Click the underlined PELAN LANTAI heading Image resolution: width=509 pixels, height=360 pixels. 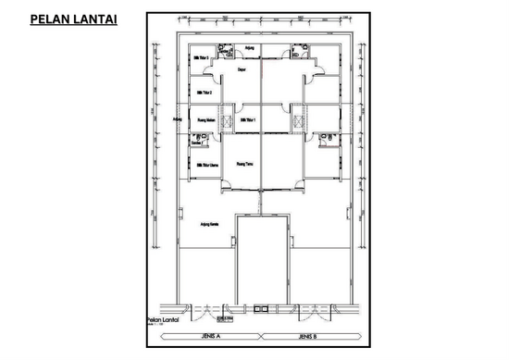pos(73,19)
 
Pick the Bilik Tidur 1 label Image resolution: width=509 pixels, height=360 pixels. pos(248,119)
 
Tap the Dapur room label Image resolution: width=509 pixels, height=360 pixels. pos(242,68)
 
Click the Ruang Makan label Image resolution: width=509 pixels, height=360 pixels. pos(206,119)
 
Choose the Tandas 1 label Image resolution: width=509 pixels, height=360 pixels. pos(196,143)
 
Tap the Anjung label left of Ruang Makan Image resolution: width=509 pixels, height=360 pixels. pos(178,118)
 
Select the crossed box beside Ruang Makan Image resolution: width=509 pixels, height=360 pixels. pos(228,121)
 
